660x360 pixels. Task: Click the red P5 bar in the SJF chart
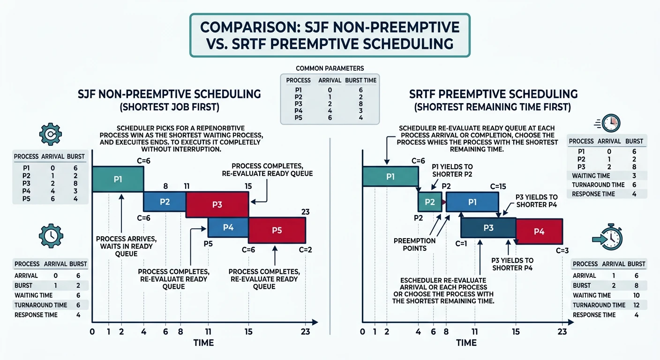[x=277, y=230]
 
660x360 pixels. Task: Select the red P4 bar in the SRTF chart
[x=539, y=231]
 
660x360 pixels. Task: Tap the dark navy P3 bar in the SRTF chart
[x=488, y=227]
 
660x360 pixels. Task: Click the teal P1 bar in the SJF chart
[x=118, y=179]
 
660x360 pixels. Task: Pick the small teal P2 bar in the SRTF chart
[x=430, y=202]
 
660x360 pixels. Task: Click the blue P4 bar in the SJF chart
[x=228, y=227]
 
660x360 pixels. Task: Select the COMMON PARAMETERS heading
[x=330, y=68]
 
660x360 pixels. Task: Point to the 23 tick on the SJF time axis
[x=305, y=332]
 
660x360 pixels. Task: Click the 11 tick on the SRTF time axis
[x=475, y=332]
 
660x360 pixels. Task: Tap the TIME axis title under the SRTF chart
[x=466, y=343]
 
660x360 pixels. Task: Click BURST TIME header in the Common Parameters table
[x=360, y=80]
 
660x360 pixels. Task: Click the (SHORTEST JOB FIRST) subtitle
[x=169, y=107]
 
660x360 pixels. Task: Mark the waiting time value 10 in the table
[x=636, y=295]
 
